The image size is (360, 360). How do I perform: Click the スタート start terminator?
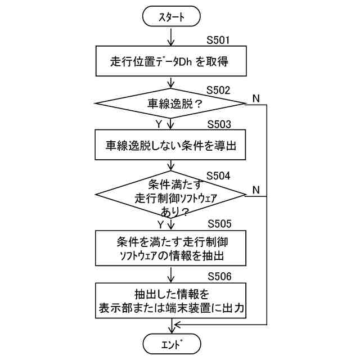171,17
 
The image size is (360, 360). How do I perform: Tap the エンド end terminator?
171,342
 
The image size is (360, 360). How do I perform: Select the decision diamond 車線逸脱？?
171,103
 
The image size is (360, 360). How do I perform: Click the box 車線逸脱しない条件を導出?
171,145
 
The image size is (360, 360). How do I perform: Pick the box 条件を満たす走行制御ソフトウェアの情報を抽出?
171,248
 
